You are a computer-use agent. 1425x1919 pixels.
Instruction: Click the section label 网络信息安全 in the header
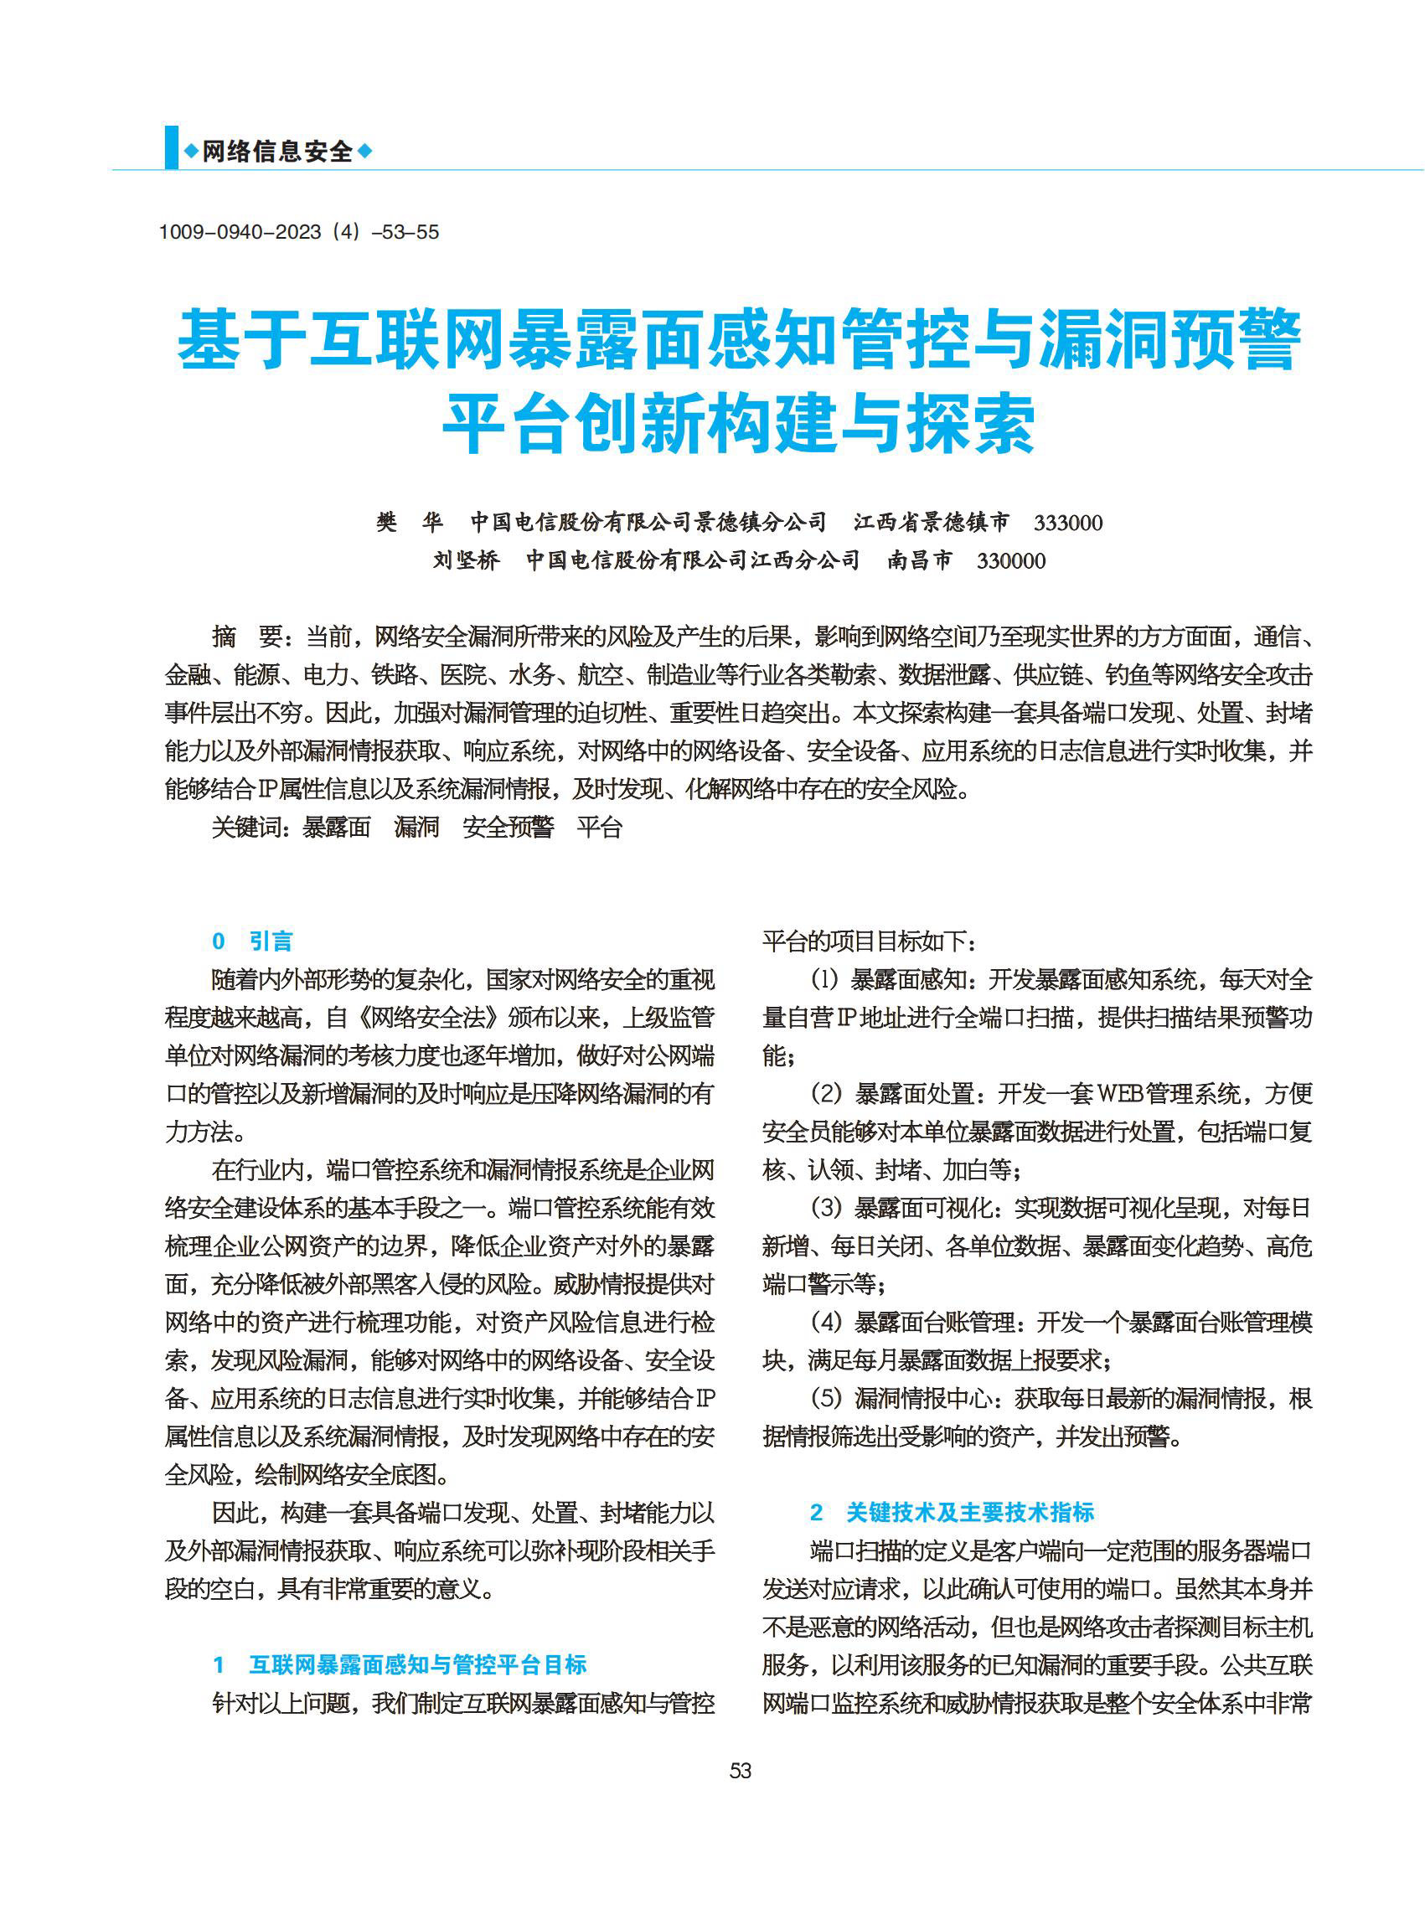coord(278,152)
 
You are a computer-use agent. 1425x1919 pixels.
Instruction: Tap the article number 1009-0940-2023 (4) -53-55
coord(298,232)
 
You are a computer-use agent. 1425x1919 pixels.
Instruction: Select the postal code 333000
coord(1068,523)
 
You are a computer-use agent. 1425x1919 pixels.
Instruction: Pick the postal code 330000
coord(1011,560)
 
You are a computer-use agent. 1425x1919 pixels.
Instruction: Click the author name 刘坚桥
coord(466,560)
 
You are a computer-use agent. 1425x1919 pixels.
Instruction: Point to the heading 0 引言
coord(253,941)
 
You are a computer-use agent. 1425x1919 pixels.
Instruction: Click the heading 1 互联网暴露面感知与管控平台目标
coord(400,1664)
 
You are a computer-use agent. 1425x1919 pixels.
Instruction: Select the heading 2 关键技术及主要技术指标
coord(953,1512)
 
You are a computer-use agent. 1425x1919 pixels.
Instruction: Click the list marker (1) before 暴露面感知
coord(825,979)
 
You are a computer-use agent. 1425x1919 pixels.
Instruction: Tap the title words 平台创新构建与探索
coord(739,425)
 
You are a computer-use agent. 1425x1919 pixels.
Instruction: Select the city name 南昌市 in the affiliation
coord(921,560)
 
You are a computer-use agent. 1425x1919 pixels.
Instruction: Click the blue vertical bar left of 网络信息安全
coord(172,147)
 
